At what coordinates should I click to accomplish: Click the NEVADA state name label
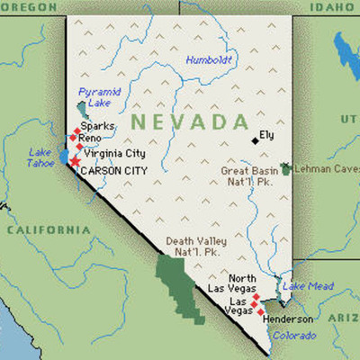pos(180,121)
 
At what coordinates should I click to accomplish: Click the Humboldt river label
pos(209,60)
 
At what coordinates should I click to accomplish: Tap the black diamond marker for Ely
pos(255,139)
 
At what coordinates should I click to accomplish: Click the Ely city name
pos(266,136)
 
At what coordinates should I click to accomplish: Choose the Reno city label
pos(90,139)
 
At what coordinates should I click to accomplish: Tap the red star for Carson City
pos(74,162)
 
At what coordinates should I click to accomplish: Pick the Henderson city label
pos(288,319)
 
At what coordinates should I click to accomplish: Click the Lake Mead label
pos(309,286)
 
